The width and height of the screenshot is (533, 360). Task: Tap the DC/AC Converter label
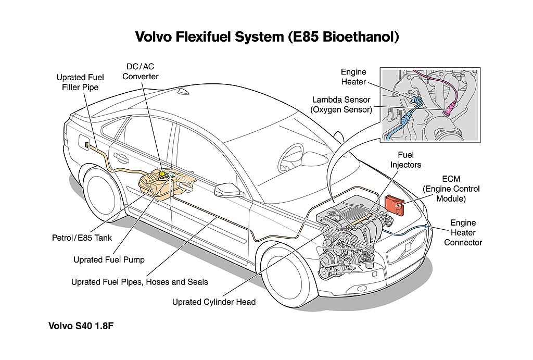[140, 71]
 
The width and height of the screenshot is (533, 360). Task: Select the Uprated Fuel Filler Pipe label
[80, 82]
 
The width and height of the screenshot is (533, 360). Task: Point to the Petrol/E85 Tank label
[82, 238]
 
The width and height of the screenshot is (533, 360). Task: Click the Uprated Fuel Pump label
[109, 259]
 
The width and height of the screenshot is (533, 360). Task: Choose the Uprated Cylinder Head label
[214, 302]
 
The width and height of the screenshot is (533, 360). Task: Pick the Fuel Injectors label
[405, 160]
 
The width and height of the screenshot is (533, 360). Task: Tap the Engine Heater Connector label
[463, 233]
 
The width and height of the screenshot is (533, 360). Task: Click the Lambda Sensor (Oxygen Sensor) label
[341, 105]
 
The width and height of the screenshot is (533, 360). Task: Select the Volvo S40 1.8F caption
[81, 326]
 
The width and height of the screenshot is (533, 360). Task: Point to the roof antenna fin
[184, 91]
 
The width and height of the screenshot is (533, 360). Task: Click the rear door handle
[121, 157]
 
